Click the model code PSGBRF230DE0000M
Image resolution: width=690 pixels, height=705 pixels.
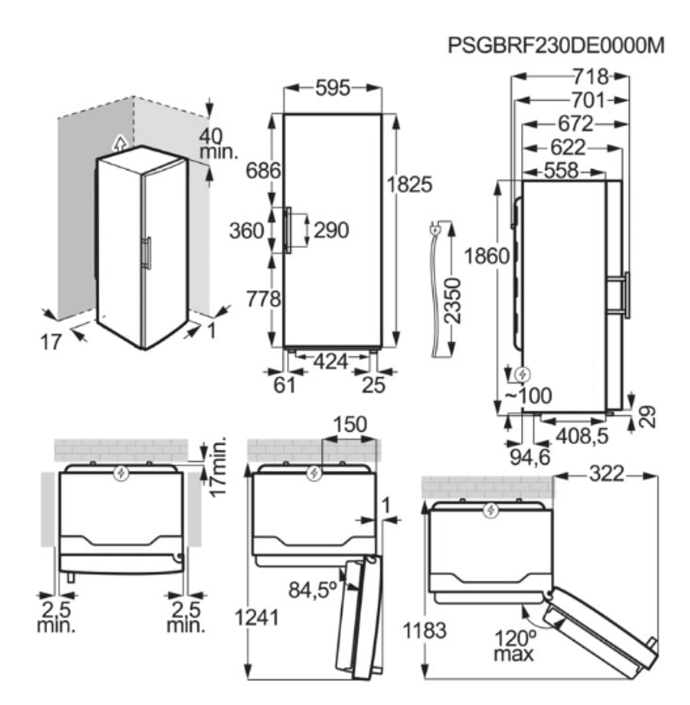point(556,45)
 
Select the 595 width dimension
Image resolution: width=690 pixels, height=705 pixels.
point(333,87)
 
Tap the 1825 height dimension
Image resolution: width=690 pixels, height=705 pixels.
point(409,184)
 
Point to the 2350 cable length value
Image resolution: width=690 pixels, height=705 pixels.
point(452,301)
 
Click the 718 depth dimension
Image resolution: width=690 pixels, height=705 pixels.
point(591,77)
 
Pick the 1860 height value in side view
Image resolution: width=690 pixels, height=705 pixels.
point(487,257)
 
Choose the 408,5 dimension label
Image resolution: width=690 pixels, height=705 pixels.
point(582,436)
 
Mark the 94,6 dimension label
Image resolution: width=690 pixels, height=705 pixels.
point(530,458)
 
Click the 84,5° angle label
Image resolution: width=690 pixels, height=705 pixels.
point(313,590)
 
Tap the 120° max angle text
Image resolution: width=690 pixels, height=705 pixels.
point(515,646)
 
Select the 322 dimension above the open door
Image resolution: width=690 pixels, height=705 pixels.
point(606,474)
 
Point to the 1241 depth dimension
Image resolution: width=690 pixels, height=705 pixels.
point(257,618)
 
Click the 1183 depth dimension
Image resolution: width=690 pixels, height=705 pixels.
point(424,630)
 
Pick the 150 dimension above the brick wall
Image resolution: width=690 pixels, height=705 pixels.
point(350,424)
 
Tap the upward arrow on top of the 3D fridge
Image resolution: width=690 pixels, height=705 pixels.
point(120,142)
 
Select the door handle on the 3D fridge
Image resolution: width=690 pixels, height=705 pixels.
point(147,253)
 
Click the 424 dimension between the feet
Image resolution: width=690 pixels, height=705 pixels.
point(331,361)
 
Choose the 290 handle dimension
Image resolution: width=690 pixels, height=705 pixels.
point(331,231)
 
